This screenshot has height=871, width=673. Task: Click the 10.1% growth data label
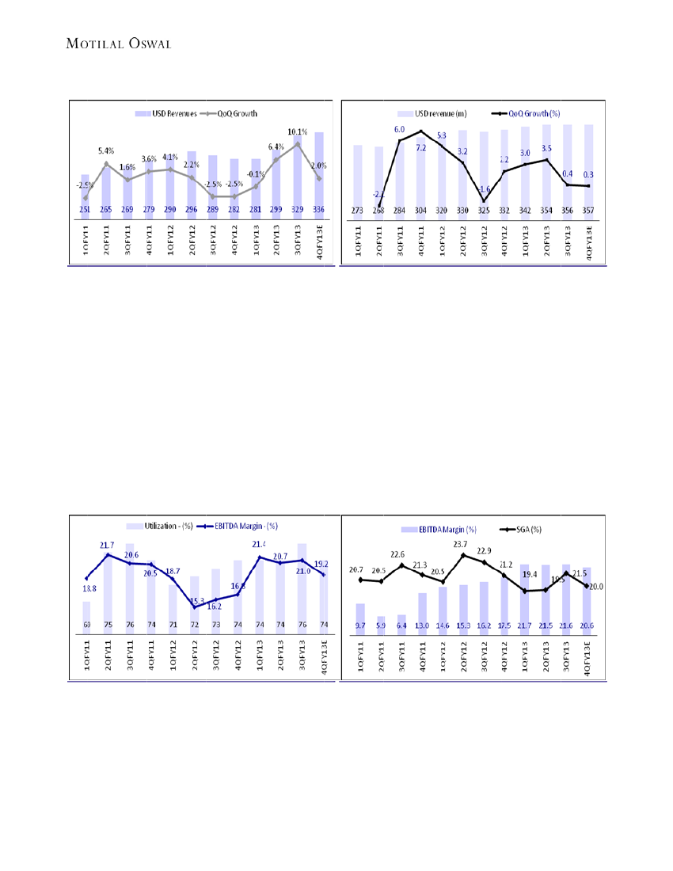[297, 131]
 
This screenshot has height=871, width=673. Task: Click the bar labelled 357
[588, 170]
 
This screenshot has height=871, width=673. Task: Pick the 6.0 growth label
[399, 129]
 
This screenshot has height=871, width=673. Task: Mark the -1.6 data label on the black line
[485, 190]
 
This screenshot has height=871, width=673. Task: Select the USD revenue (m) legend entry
[439, 114]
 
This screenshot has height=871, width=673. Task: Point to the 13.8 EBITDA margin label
[89, 588]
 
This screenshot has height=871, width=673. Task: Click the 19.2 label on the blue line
[321, 564]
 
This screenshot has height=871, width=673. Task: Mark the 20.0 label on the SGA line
[596, 587]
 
